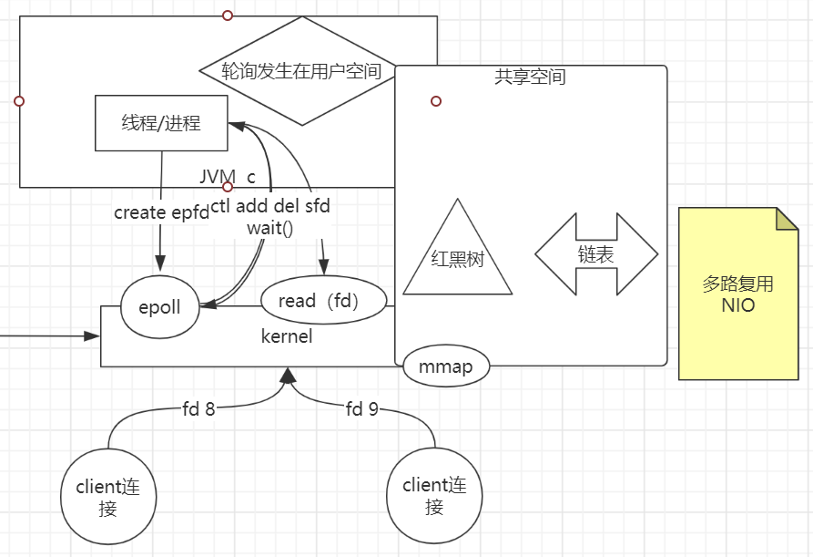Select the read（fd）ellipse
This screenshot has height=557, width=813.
(323, 300)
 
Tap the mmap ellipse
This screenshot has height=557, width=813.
(445, 367)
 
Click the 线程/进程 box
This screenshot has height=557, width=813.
(161, 123)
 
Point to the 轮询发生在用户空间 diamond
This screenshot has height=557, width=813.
(301, 70)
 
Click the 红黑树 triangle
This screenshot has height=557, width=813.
(457, 259)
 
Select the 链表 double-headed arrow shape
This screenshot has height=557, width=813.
(595, 254)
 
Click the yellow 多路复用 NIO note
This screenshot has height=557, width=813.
(738, 294)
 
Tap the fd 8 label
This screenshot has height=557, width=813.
(198, 409)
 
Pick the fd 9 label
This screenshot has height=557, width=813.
(361, 409)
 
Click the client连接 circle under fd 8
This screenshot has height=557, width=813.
(108, 498)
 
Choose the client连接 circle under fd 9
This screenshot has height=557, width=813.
(434, 497)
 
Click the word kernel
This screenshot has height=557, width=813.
(287, 336)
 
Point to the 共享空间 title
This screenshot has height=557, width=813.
(530, 77)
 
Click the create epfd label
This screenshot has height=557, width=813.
(161, 211)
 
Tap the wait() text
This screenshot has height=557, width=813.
(270, 228)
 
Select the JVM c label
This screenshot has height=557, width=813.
(228, 176)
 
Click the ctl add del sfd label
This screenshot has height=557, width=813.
(270, 207)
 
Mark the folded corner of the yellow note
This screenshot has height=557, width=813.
(787, 218)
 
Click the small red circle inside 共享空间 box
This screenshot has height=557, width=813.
(436, 101)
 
